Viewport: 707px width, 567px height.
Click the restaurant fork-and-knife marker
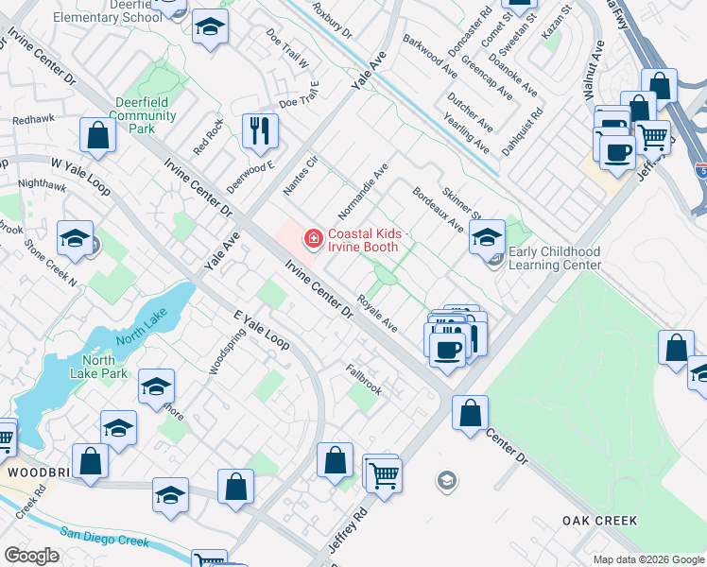point(259,130)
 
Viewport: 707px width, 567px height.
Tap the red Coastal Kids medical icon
point(311,240)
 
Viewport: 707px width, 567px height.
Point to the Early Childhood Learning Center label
point(554,258)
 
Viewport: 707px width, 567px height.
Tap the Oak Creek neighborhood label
point(599,521)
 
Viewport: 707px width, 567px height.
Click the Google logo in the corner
point(31,556)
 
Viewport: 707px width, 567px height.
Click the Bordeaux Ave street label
point(438,210)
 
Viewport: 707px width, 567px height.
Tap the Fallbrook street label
point(364,380)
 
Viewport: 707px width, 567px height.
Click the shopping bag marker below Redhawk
point(98,135)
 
